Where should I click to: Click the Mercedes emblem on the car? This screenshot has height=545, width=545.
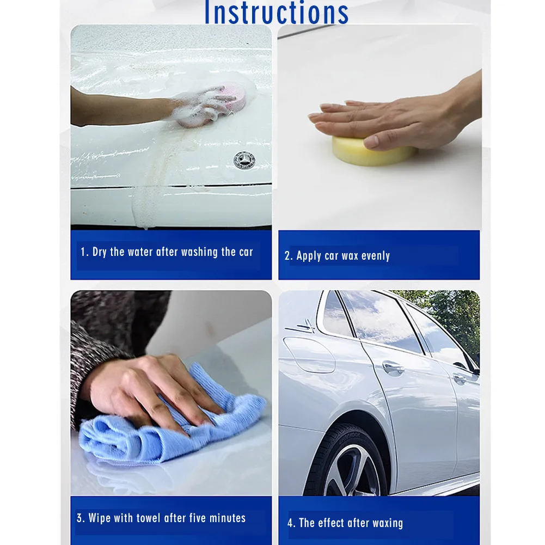click(244, 160)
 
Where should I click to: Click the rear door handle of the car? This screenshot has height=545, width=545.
click(393, 368)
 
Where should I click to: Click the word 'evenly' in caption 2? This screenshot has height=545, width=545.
click(376, 256)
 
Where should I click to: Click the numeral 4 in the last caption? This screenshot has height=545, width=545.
click(290, 523)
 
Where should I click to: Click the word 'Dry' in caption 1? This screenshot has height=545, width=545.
click(99, 252)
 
